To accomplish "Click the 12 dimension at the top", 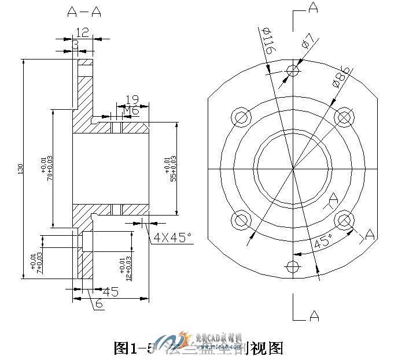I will point(83,32).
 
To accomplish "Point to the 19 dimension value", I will point(131,100).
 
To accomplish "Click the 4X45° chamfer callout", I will point(172,237).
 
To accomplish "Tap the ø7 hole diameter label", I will point(307,41).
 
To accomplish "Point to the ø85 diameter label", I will point(341,77).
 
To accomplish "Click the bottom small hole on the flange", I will point(294,266).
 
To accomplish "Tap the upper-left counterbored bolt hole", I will point(240,117).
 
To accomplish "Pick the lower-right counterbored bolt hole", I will point(345,220).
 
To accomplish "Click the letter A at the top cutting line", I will point(313,8).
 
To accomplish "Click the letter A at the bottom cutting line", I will point(314,316).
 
